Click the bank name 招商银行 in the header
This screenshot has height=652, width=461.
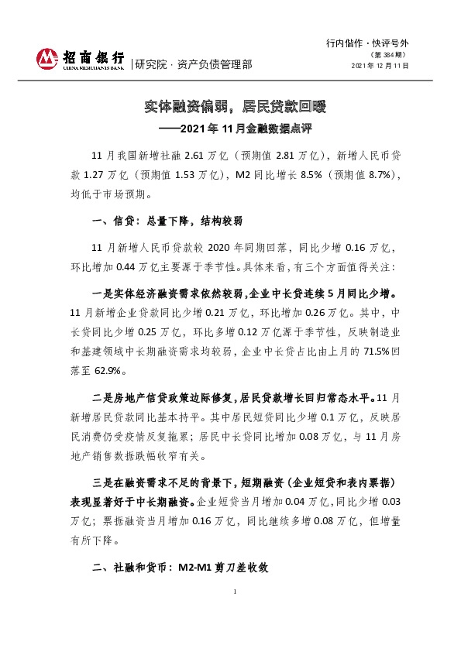click(94, 57)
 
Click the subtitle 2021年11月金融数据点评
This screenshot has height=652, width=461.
click(245, 126)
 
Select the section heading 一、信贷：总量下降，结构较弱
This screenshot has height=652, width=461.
click(167, 222)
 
